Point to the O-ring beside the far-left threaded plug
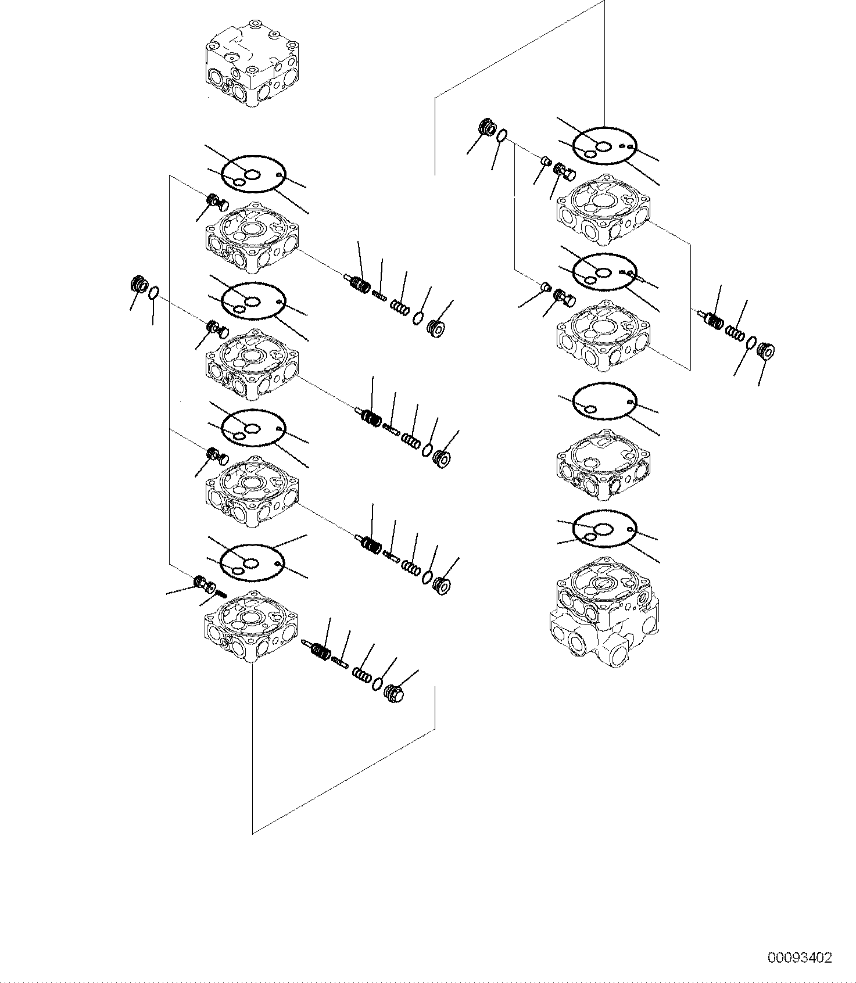pos(154,293)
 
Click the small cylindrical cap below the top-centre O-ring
pos(545,160)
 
